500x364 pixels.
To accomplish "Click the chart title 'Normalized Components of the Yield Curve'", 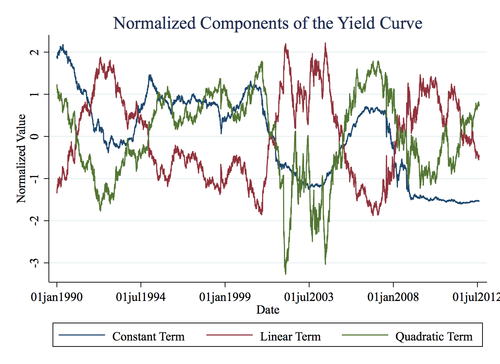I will pyautogui.click(x=268, y=23).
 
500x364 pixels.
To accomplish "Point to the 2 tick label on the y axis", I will pyautogui.click(x=34, y=52).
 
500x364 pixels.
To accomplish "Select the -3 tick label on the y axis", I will pyautogui.click(x=34, y=263).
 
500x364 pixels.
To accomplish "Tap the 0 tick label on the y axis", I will pyautogui.click(x=34, y=136).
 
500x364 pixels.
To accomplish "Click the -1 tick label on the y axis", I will pyautogui.click(x=34, y=178).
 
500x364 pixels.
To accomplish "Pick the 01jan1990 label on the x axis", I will pyautogui.click(x=57, y=297).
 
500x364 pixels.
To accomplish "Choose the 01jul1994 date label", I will pyautogui.click(x=140, y=297).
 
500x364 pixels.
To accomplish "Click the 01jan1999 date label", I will pyautogui.click(x=225, y=297).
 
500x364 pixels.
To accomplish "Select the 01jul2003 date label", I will pyautogui.click(x=308, y=297).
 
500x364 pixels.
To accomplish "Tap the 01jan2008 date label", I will pyautogui.click(x=393, y=297).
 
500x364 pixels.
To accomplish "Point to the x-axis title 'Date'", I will pyautogui.click(x=268, y=310).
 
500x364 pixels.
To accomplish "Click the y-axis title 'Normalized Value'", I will pyautogui.click(x=21, y=159).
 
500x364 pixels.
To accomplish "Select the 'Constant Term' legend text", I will pyautogui.click(x=148, y=336).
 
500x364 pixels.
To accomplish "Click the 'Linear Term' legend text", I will pyautogui.click(x=290, y=336).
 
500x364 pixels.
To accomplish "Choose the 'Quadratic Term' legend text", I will pyautogui.click(x=434, y=336).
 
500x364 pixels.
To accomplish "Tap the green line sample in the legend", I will pyautogui.click(x=365, y=335).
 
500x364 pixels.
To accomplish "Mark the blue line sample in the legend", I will pyautogui.click(x=82, y=335).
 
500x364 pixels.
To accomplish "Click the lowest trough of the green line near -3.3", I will pyautogui.click(x=285, y=274).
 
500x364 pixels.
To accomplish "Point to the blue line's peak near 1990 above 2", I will pyautogui.click(x=63, y=45).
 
